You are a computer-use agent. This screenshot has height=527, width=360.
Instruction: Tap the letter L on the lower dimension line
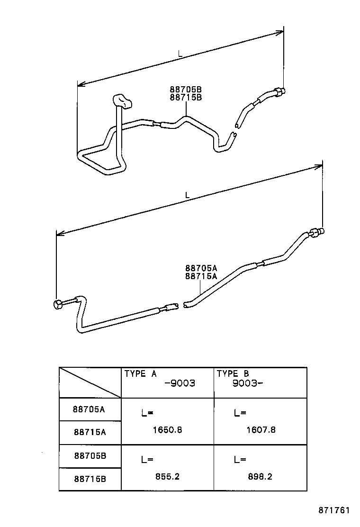click(188, 195)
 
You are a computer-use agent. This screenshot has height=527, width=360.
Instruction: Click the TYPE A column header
click(141, 374)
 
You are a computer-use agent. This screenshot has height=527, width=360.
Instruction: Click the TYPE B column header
click(233, 374)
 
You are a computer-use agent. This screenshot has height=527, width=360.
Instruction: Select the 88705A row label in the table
click(90, 409)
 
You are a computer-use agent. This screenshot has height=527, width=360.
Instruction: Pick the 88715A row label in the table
click(90, 432)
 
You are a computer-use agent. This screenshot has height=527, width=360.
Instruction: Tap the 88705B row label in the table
click(90, 456)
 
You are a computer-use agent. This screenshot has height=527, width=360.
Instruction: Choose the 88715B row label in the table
click(90, 479)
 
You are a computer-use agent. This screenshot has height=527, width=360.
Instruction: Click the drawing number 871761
click(333, 511)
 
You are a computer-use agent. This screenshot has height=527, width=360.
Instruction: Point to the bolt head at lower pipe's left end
click(59, 304)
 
